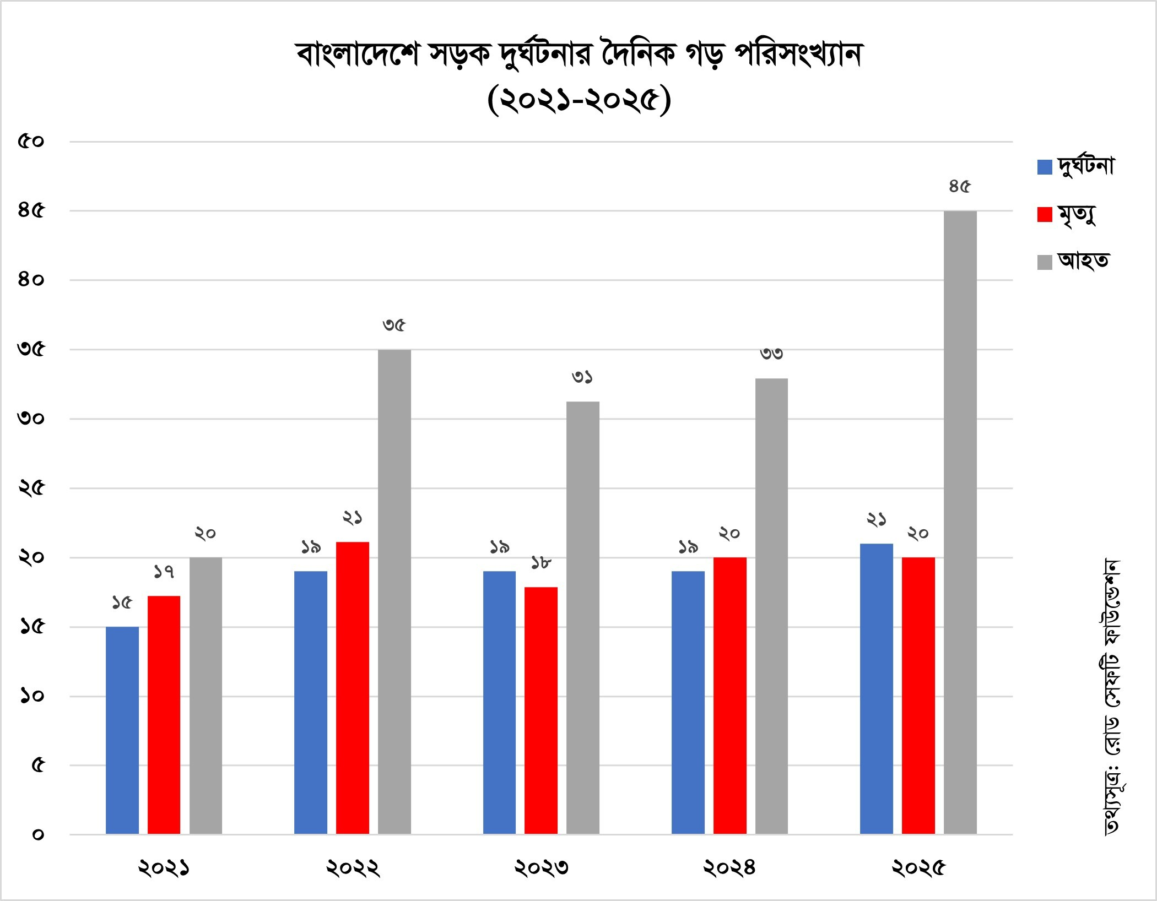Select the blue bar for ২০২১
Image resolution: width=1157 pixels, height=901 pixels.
pos(122,730)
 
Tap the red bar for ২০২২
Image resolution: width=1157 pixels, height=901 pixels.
pos(353,688)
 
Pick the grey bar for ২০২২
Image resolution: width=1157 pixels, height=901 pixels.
pos(394,591)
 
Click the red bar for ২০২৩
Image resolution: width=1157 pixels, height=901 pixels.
pos(541,710)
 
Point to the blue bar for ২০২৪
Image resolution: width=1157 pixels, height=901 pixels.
pos(688,702)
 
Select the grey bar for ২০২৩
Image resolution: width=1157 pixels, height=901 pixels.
pos(583,617)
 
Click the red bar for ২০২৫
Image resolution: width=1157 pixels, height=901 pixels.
pos(918,696)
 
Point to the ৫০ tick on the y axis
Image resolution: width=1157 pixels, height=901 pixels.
pos(31,142)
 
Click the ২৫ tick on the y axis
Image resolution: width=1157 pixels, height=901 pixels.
pos(31,488)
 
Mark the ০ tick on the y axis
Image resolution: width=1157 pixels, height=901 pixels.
pos(37,834)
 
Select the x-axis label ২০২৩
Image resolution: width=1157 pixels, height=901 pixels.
pos(541,869)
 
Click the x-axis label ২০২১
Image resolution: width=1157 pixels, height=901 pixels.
pos(164,869)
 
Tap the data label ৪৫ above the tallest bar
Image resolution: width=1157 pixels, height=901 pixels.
pos(959,187)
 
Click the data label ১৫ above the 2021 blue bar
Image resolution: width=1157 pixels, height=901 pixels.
pos(122,603)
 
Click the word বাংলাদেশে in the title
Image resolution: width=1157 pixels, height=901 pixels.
pos(357,55)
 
